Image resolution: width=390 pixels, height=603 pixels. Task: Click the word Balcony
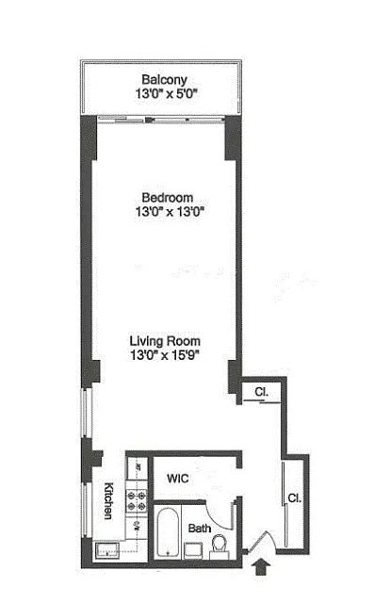164,79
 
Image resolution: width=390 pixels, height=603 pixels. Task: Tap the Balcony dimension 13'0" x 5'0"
166,93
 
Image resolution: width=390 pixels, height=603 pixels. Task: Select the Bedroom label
168,198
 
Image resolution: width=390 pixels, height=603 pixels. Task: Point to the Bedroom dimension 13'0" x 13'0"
170,211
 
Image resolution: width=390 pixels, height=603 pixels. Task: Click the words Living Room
165,341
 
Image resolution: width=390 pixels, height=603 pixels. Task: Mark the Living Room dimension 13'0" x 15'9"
165,355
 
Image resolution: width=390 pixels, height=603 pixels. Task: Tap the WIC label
178,479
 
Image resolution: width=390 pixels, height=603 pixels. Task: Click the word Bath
200,529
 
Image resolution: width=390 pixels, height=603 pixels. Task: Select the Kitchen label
109,500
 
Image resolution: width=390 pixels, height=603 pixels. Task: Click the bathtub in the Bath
168,532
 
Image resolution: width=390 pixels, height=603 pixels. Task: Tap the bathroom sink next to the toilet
193,550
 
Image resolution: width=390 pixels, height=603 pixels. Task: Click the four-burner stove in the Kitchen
137,500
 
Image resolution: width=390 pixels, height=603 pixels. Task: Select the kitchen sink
107,550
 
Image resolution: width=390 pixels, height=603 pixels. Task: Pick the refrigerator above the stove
138,468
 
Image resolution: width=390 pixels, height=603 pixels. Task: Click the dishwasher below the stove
137,528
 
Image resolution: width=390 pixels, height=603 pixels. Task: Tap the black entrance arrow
261,567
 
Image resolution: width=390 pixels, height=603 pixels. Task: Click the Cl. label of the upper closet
262,392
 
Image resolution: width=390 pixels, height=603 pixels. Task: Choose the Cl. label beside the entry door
295,498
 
